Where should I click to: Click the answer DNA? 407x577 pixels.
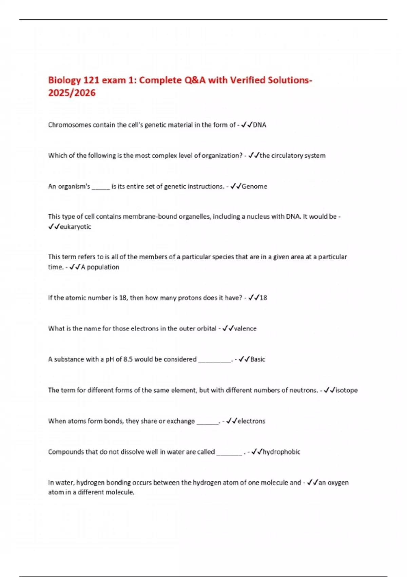click(259, 125)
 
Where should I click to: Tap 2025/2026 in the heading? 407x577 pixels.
click(72, 93)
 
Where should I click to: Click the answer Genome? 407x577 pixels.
click(254, 186)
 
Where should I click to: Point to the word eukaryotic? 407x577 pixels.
click(75, 227)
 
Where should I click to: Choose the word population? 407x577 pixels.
click(103, 267)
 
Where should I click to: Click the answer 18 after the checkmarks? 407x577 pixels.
click(263, 298)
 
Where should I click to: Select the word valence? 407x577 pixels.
click(245, 329)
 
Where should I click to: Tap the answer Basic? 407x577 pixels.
click(258, 359)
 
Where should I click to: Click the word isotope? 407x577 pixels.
click(346, 390)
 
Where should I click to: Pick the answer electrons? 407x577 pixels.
click(251, 421)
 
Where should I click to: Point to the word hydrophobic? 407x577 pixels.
click(282, 452)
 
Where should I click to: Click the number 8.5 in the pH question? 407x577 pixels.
click(128, 359)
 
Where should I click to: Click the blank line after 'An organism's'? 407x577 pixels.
click(101, 187)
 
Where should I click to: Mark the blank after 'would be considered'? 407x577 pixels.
click(214, 360)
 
